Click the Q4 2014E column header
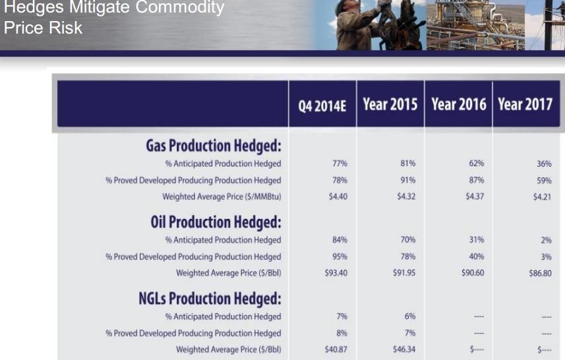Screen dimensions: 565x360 pyautogui.click(x=322, y=106)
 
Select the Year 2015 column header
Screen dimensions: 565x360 pyautogui.click(x=390, y=104)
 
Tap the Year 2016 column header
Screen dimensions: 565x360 pyautogui.click(x=459, y=104)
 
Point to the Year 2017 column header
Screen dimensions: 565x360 pyautogui.click(x=525, y=104)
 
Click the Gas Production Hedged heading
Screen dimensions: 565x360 pyautogui.click(x=214, y=146)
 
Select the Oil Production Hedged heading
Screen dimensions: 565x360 pyautogui.click(x=216, y=222)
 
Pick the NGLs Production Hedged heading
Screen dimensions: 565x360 pyautogui.click(x=210, y=299)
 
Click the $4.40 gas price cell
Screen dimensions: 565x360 pyautogui.click(x=338, y=196)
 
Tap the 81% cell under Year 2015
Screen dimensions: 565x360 pyautogui.click(x=408, y=164)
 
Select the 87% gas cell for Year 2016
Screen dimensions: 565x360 pyautogui.click(x=477, y=180)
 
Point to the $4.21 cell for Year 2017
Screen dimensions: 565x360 pyautogui.click(x=542, y=196)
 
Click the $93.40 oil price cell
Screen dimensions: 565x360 pyautogui.click(x=336, y=273)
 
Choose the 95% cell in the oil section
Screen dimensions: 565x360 pyautogui.click(x=340, y=256)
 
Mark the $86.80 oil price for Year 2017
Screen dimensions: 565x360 pyautogui.click(x=540, y=273)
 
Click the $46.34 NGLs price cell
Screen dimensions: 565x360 pyautogui.click(x=404, y=349)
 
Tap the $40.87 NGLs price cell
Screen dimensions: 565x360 pyautogui.click(x=336, y=349)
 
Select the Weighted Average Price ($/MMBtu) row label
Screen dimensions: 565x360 pyautogui.click(x=222, y=196)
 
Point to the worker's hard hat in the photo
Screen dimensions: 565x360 pyautogui.click(x=343, y=5)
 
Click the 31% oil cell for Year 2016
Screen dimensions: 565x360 pyautogui.click(x=477, y=239)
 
